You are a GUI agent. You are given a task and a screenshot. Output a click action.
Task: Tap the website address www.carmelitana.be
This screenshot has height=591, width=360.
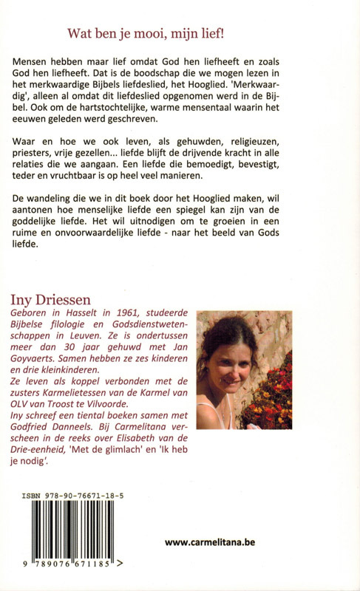pyautogui.click(x=210, y=542)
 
